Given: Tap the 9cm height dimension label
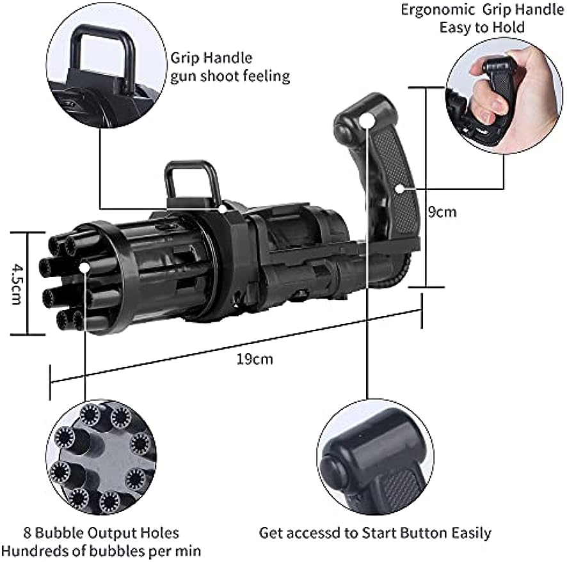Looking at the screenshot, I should tap(442, 211).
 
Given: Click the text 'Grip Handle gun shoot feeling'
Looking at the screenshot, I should tap(229, 67).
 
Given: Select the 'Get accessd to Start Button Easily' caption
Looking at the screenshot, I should tap(375, 533).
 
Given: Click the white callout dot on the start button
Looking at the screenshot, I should tap(366, 121).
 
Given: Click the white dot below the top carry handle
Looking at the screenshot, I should tap(221, 208).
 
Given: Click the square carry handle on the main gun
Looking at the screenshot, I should tap(192, 181).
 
